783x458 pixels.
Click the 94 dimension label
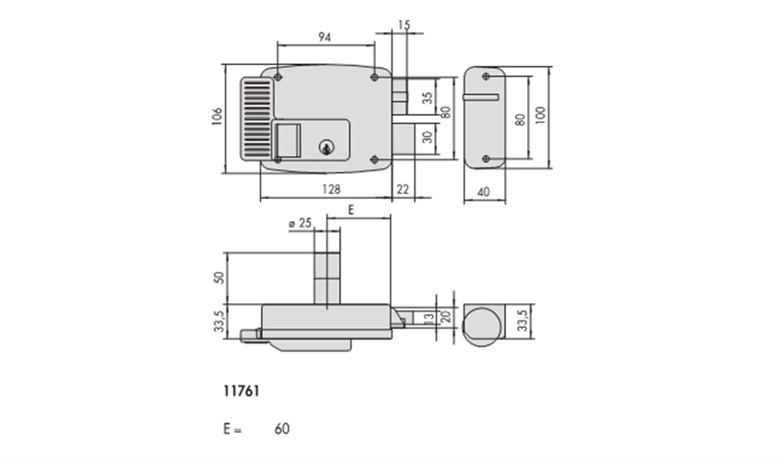325,37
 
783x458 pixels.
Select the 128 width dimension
331,189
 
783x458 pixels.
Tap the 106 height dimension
217,117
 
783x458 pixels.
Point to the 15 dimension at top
405,25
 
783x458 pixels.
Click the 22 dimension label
402,189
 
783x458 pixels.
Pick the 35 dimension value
428,98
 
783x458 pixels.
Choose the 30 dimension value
428,137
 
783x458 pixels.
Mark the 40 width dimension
484,192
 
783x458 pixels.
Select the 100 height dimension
540,115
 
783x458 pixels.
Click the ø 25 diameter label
300,223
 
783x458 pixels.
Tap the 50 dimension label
219,278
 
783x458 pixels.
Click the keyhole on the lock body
327,147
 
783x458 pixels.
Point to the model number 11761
241,391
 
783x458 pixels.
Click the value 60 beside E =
282,428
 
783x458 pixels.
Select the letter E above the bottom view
351,211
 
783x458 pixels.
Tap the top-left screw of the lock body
278,77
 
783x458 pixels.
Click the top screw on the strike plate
486,77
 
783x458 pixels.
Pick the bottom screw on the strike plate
486,159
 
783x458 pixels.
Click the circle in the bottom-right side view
482,327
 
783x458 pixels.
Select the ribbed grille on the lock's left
257,119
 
